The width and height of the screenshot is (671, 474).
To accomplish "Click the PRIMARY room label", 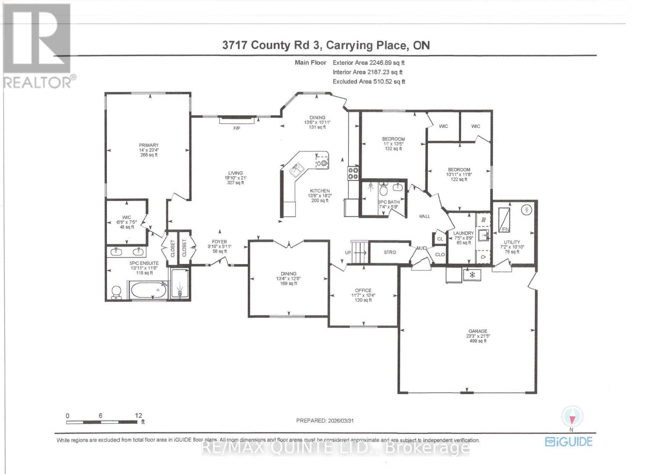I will [149, 145].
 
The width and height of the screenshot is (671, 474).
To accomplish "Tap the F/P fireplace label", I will [237, 128].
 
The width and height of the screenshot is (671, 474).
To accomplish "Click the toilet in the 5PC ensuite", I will [116, 292].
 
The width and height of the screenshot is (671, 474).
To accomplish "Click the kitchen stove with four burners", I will [353, 173].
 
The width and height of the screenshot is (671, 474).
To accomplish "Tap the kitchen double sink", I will [298, 169].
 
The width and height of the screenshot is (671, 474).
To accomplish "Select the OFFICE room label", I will [363, 290].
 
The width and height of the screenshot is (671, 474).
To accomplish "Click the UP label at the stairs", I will [348, 253].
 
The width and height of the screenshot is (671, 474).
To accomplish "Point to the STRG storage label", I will [390, 252].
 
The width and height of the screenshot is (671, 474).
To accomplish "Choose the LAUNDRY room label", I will [463, 233].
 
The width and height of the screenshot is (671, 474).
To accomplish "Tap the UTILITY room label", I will [512, 242].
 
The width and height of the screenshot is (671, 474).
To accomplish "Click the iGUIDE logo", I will [569, 441].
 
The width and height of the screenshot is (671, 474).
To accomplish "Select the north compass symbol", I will [572, 416].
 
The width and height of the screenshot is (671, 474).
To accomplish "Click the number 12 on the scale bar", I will [138, 415].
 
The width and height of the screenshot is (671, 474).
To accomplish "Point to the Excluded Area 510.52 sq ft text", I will [369, 82].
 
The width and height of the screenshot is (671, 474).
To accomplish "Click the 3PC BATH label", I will [389, 202].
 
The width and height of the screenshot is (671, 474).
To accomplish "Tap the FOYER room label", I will [219, 242].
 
